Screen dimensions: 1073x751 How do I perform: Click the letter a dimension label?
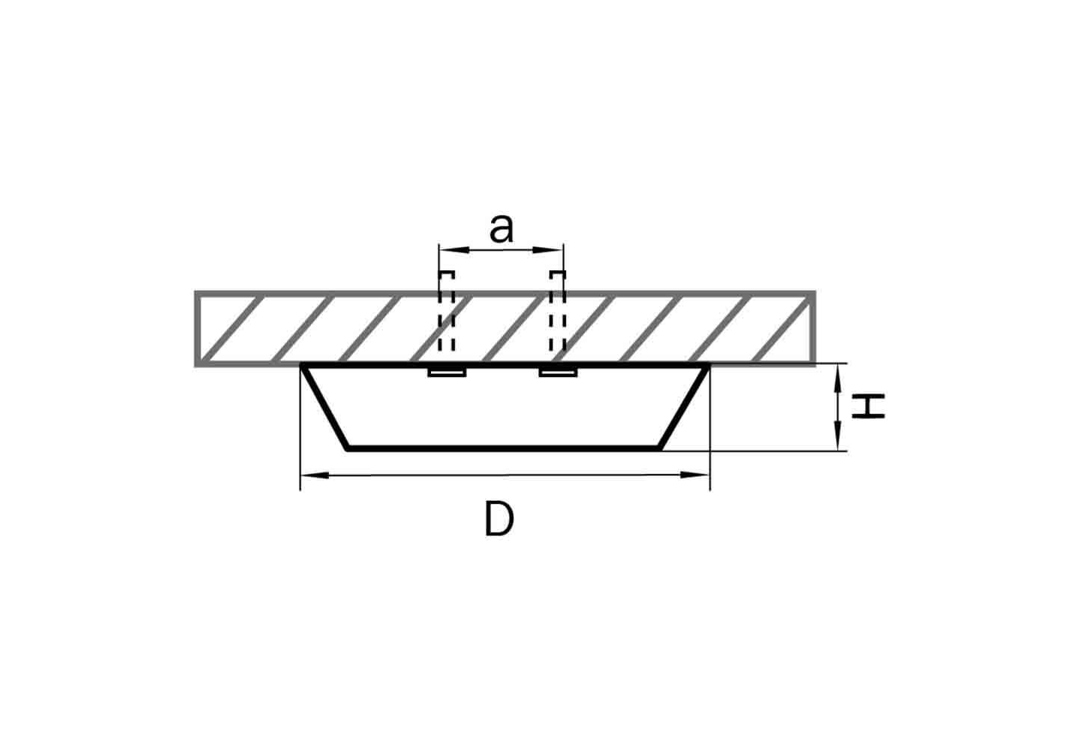coord(501,229)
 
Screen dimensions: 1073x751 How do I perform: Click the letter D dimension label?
coord(499,519)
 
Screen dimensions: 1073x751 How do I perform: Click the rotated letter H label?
coord(868,406)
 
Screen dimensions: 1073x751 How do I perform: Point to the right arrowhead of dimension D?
coord(695,475)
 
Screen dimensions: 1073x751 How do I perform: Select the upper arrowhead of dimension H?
coord(838,379)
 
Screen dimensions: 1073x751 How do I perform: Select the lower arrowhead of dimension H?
coord(838,436)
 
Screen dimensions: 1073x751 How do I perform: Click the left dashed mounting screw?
coord(447,312)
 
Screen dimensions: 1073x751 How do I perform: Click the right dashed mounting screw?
coord(558,312)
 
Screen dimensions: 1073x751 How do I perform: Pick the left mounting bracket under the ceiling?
coord(447,372)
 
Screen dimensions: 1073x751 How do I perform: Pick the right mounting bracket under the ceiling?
coord(558,372)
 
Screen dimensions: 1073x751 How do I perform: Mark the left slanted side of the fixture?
coord(325,407)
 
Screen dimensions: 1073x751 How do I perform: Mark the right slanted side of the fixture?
coord(683,407)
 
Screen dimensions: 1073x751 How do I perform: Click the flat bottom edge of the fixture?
coord(503,448)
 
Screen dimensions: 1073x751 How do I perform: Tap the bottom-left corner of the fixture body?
coord(348,449)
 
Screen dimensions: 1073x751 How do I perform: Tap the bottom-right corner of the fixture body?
coord(659,449)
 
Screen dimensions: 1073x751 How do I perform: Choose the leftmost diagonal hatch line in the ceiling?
coord(231,329)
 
